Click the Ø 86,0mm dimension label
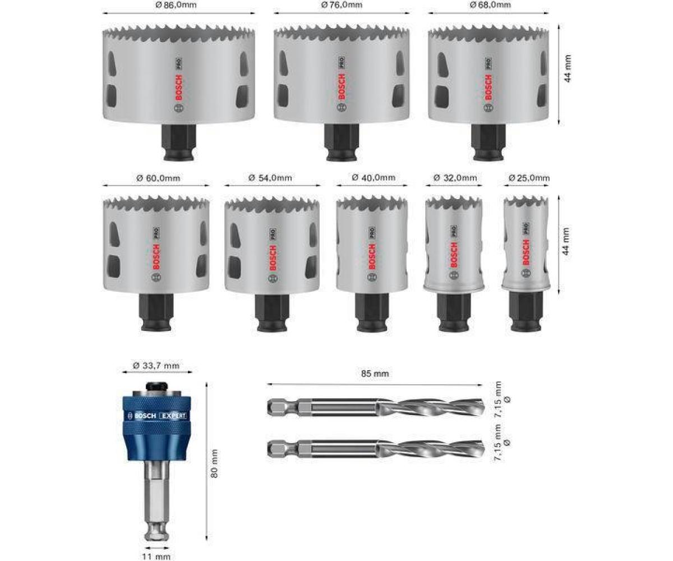tap(176, 5)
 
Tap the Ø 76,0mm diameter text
tap(342, 5)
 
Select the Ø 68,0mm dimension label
tap(490, 5)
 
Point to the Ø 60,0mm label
tap(158, 178)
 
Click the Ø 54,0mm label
tap(270, 178)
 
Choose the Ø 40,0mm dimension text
tap(374, 177)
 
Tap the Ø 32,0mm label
tap(455, 178)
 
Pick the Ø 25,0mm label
tap(529, 178)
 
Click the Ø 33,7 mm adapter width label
tap(156, 366)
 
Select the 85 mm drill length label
tap(375, 374)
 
